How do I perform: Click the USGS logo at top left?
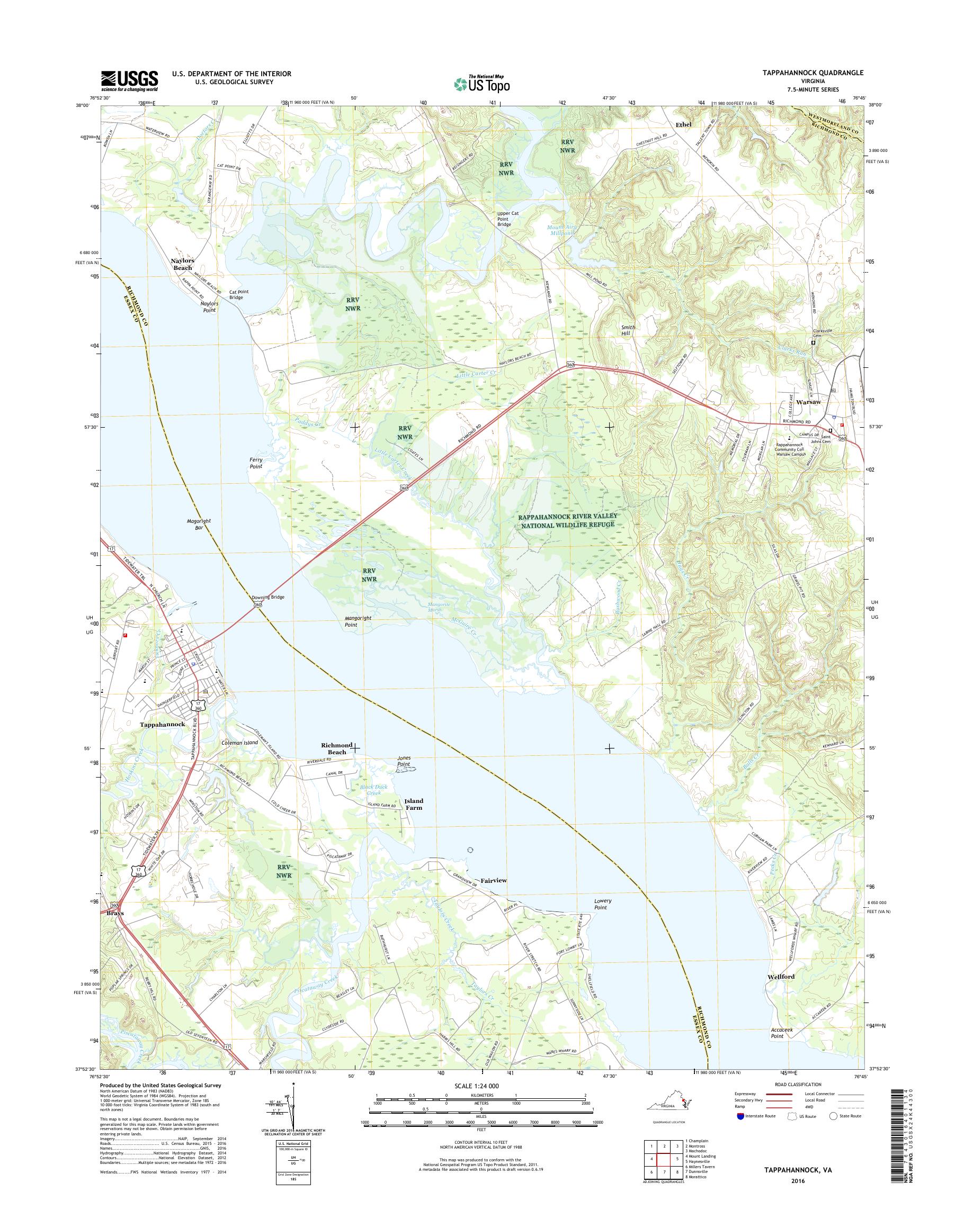click(129, 81)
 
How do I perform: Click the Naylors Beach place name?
click(182, 264)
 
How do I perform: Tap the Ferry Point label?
click(256, 463)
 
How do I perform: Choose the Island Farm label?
click(413, 805)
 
